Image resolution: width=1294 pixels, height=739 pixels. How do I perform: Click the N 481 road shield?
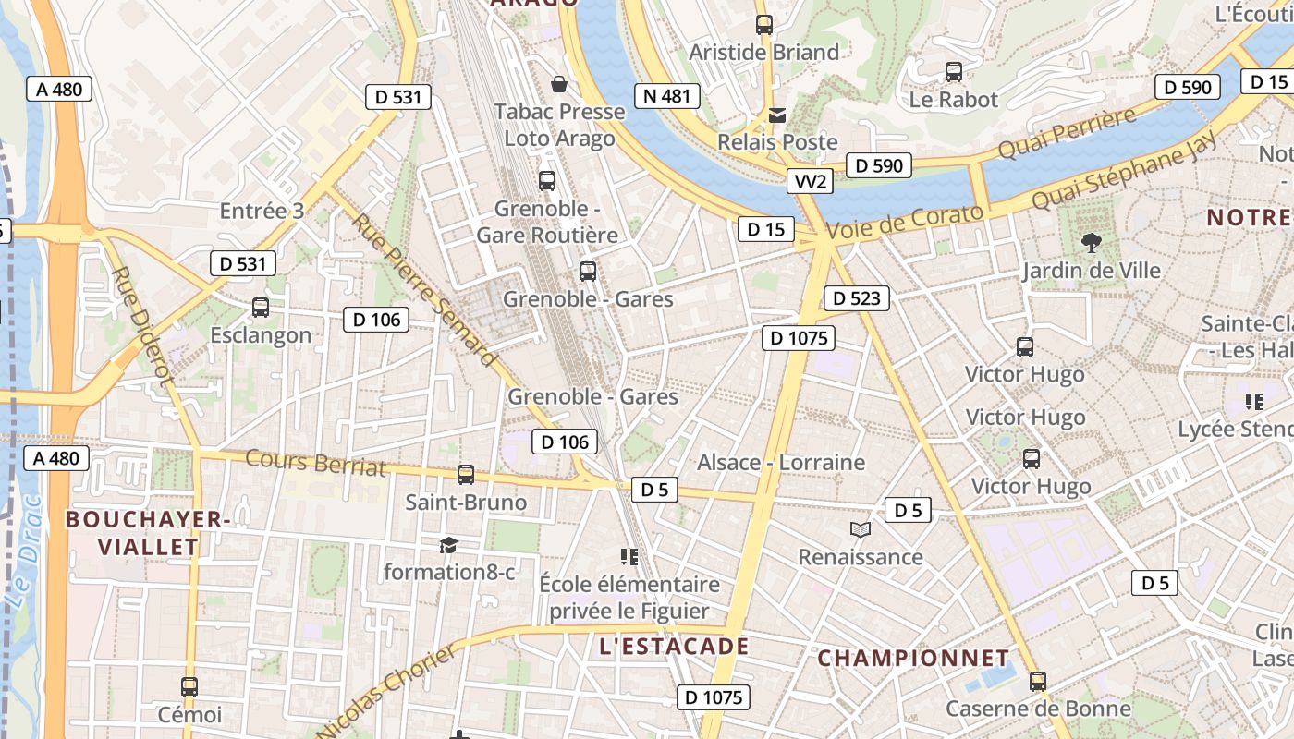coord(667,96)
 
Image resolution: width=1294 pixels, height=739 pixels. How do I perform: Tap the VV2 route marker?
coord(811,181)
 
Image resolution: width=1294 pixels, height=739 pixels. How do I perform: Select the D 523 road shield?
coord(856,298)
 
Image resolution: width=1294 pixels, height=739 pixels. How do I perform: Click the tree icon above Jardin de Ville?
coord(1092,243)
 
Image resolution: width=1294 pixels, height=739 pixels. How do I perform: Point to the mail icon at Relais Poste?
coord(777,115)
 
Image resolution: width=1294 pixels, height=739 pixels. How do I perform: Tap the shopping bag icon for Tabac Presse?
coord(559,85)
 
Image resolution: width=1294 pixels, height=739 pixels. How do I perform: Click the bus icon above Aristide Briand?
coord(763,25)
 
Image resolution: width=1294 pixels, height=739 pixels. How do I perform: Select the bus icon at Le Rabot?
coord(954,72)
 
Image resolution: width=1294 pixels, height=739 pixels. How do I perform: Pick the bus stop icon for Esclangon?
coord(261,308)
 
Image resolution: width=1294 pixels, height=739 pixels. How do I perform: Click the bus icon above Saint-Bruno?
coord(466,475)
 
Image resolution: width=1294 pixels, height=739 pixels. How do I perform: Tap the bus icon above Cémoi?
coord(189,687)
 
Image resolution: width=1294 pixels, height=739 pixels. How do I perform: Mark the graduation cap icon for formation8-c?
coord(448,545)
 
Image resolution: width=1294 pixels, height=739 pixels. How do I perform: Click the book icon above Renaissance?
coord(861,529)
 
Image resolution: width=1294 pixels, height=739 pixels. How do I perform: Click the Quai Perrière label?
coord(1067,133)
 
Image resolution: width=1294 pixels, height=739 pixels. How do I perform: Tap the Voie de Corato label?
coord(906,224)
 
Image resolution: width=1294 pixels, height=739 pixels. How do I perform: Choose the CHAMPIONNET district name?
coord(913,659)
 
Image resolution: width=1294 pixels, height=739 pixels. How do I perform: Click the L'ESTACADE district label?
coord(673,647)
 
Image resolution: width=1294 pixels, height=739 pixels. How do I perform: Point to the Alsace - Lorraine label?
coord(781,462)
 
